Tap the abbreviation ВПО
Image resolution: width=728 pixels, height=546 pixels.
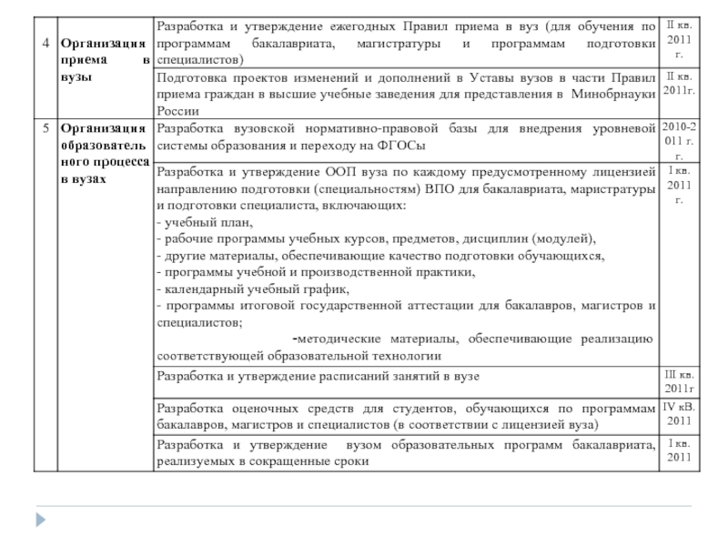[439, 189]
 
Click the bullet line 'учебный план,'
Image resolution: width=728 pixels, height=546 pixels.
[207, 223]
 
